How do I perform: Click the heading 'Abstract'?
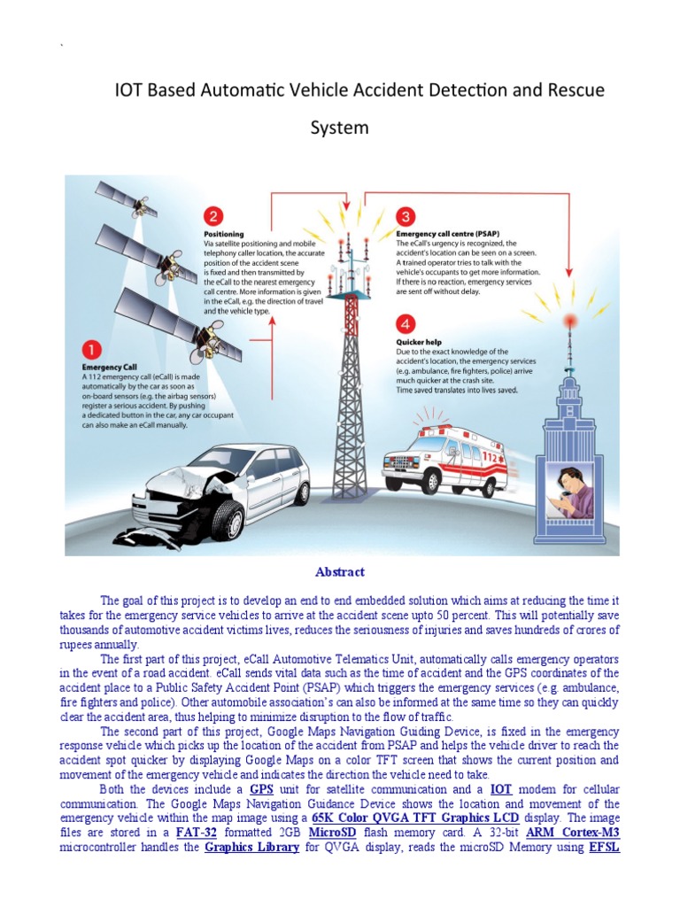339,572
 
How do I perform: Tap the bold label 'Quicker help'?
418,342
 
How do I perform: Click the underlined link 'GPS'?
261,788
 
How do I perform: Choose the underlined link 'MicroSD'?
332,833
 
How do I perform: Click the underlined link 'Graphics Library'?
251,848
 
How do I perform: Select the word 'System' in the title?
339,128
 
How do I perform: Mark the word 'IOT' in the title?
133,90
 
